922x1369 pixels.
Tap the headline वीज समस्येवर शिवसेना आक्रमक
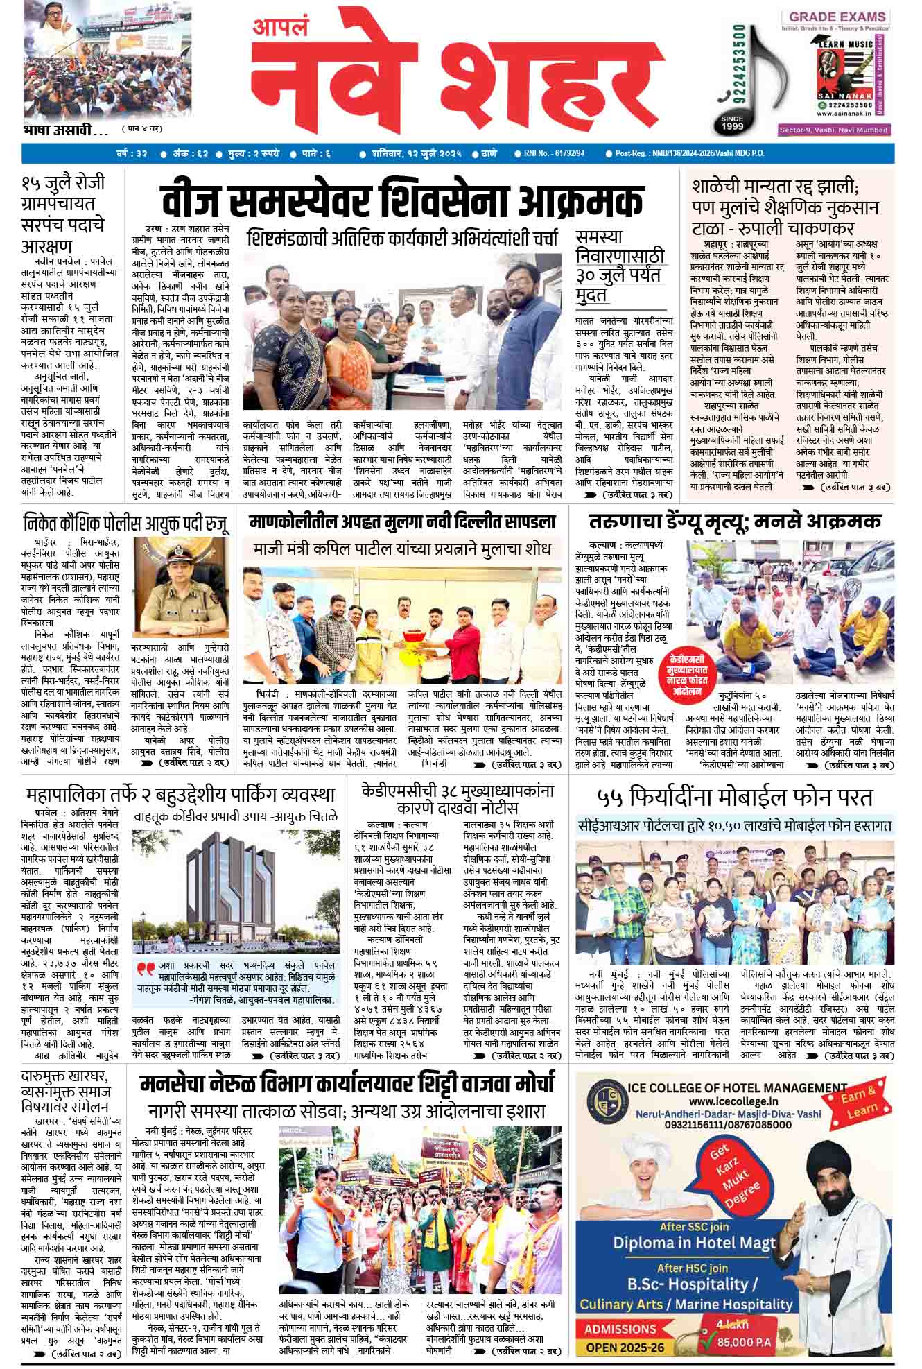[402, 202]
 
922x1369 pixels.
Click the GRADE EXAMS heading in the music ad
[837, 17]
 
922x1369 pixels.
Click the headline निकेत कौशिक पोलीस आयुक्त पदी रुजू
[125, 522]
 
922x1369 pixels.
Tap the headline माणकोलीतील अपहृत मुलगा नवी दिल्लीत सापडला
[402, 522]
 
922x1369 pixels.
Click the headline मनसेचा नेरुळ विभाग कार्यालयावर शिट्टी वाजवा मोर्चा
[347, 1083]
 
